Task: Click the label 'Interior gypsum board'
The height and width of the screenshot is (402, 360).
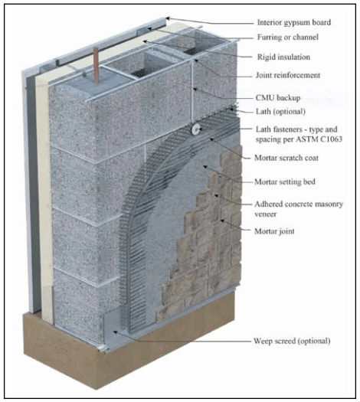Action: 294,22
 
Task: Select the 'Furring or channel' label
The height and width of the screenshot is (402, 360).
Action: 288,38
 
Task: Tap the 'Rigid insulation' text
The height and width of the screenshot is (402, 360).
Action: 283,57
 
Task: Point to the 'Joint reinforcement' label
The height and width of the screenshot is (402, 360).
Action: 288,75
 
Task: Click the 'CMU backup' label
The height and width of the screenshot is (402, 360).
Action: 278,98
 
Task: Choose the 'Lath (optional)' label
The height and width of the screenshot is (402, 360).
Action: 280,112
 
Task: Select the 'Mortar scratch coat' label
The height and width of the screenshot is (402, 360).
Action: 286,158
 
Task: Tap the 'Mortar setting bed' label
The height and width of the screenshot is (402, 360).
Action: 285,181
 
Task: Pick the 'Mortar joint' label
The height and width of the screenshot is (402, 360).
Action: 274,231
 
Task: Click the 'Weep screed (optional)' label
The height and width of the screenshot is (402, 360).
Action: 292,341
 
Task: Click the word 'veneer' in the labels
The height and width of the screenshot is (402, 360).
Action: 265,214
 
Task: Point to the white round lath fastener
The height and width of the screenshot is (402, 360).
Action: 195,129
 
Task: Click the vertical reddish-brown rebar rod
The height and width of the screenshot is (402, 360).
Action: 97,65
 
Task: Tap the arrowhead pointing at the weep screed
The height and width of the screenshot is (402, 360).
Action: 116,332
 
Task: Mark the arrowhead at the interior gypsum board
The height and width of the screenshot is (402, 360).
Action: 168,18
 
